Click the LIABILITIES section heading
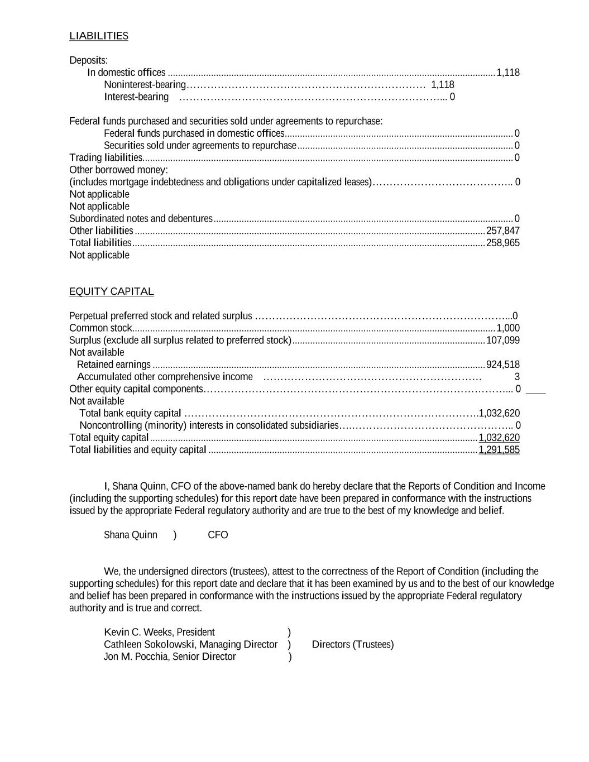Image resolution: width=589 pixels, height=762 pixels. pyautogui.click(x=99, y=36)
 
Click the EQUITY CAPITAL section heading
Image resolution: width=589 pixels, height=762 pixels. pyautogui.click(x=112, y=291)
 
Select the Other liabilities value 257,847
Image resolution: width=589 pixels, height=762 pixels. pyautogui.click(x=503, y=231)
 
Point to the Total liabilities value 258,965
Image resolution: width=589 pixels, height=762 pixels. pyautogui.click(x=503, y=243)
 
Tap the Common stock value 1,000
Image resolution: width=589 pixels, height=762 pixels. pyautogui.click(x=508, y=328)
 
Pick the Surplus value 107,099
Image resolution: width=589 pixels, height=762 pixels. pyautogui.click(x=503, y=341)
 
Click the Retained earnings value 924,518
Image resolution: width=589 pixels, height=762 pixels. pyautogui.click(x=503, y=365)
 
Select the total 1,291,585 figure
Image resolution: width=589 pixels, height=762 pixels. pyautogui.click(x=499, y=450)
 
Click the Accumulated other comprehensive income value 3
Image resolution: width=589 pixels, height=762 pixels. pyautogui.click(x=517, y=377)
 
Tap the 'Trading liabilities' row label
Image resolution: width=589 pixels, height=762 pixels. pyautogui.click(x=106, y=158)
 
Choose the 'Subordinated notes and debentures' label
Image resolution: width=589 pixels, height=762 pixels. pyautogui.click(x=141, y=219)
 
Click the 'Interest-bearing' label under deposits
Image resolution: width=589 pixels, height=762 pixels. pyautogui.click(x=136, y=97)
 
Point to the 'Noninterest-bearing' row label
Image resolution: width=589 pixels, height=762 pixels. pyautogui.click(x=145, y=85)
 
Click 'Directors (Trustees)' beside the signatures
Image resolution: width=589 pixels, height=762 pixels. pyautogui.click(x=353, y=645)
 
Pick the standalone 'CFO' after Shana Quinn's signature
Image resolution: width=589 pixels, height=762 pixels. pyautogui.click(x=218, y=535)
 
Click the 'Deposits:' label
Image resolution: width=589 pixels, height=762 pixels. pyautogui.click(x=89, y=60)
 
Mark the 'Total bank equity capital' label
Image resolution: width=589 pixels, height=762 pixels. pyautogui.click(x=130, y=414)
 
